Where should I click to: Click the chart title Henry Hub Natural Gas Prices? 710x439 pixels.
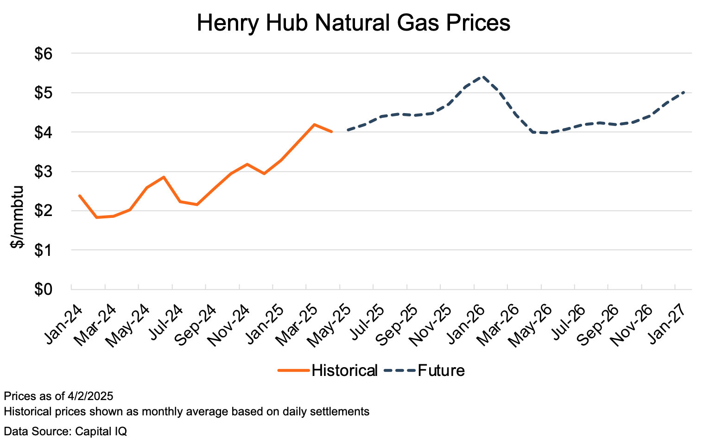coord(353,23)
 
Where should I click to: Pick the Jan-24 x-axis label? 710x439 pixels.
coord(64,324)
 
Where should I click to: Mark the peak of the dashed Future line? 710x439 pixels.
coord(483,76)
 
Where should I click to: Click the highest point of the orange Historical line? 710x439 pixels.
coord(314,124)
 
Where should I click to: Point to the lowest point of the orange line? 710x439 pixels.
coord(96,217)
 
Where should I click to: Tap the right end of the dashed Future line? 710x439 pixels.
coord(684,92)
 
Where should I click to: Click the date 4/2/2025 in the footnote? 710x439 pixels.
coord(90,396)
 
